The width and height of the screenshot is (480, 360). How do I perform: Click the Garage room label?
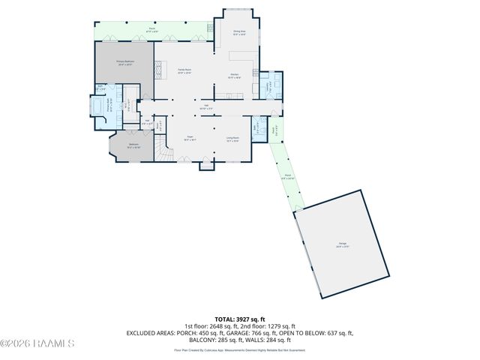[x=342, y=244]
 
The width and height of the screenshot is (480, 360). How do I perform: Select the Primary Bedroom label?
[x=124, y=64]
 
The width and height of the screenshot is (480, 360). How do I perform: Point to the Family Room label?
[x=184, y=71]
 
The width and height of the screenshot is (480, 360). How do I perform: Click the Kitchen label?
[x=234, y=75]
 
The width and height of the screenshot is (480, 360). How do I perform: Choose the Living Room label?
[x=233, y=139]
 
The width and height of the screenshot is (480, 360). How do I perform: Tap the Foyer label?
[x=191, y=139]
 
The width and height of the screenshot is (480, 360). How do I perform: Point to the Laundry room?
[x=269, y=85]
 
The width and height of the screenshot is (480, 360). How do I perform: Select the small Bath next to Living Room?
[x=258, y=127]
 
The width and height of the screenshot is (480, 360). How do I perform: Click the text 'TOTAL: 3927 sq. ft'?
[x=240, y=319]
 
